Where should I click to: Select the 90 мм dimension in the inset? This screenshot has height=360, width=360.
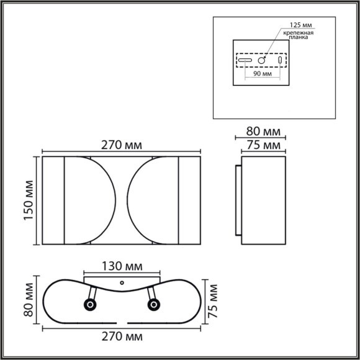[x=263, y=73]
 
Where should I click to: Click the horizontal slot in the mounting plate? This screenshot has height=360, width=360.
[x=245, y=61]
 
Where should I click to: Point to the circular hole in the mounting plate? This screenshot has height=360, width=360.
[x=263, y=61]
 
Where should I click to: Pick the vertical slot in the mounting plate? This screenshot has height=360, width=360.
[x=279, y=61]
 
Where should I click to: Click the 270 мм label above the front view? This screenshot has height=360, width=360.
[x=122, y=145]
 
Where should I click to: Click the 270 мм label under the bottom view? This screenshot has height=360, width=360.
[x=122, y=337]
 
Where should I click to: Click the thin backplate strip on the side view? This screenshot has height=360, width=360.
[x=238, y=201]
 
